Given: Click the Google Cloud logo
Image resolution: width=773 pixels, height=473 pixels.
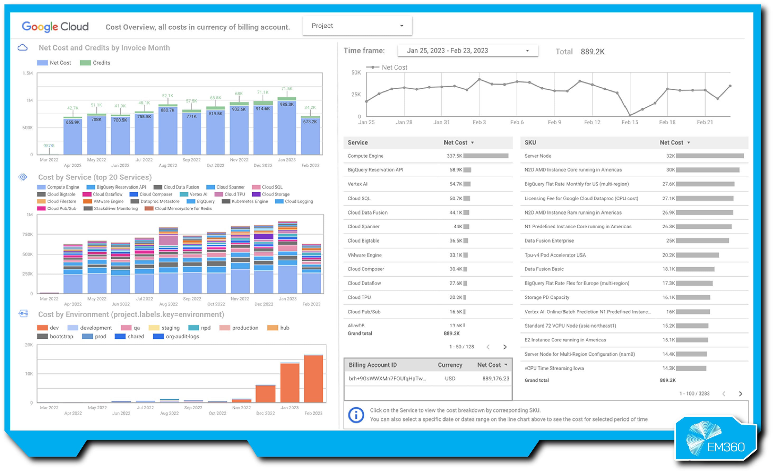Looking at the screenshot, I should point(55,27).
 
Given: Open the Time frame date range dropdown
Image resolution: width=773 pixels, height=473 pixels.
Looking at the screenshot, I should point(467,50).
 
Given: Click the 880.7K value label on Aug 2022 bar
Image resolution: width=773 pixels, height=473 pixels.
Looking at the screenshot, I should point(167,110).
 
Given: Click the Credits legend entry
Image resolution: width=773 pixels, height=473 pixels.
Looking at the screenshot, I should point(95,63).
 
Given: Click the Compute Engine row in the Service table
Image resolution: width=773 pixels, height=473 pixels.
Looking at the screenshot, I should point(365,156).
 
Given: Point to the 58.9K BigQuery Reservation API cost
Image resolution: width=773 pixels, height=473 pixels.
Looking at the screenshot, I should point(455,170).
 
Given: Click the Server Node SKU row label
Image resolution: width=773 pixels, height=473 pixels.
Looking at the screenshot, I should point(538,156).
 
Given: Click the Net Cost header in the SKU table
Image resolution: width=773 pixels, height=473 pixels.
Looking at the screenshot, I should point(671,142).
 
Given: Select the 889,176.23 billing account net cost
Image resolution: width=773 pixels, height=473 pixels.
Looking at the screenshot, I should point(495,378).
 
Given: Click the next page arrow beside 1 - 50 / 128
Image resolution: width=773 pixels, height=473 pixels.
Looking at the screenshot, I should point(505,347).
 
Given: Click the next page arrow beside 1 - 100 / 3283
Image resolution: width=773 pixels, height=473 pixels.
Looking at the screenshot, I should point(740,393).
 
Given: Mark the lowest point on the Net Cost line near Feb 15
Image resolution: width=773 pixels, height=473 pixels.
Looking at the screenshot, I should point(630,115).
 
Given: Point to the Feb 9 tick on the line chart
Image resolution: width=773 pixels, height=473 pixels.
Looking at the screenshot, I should point(554,122).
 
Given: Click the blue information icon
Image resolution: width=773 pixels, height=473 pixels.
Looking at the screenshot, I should point(356,415).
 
